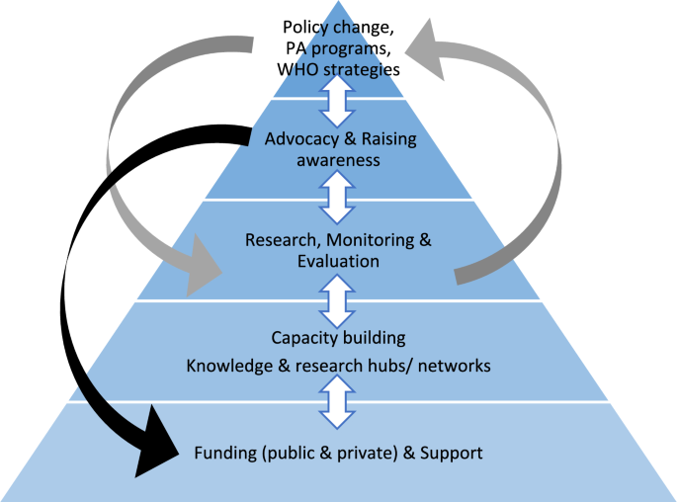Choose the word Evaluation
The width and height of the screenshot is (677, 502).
[337, 261]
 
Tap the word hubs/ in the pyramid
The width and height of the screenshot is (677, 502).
[406, 366]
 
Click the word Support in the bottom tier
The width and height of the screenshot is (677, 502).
[451, 454]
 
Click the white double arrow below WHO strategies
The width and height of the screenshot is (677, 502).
[338, 99]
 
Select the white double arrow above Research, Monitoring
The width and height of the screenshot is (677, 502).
[338, 199]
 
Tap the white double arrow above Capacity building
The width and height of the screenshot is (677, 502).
[338, 300]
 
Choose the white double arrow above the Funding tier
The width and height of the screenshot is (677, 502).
[338, 401]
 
